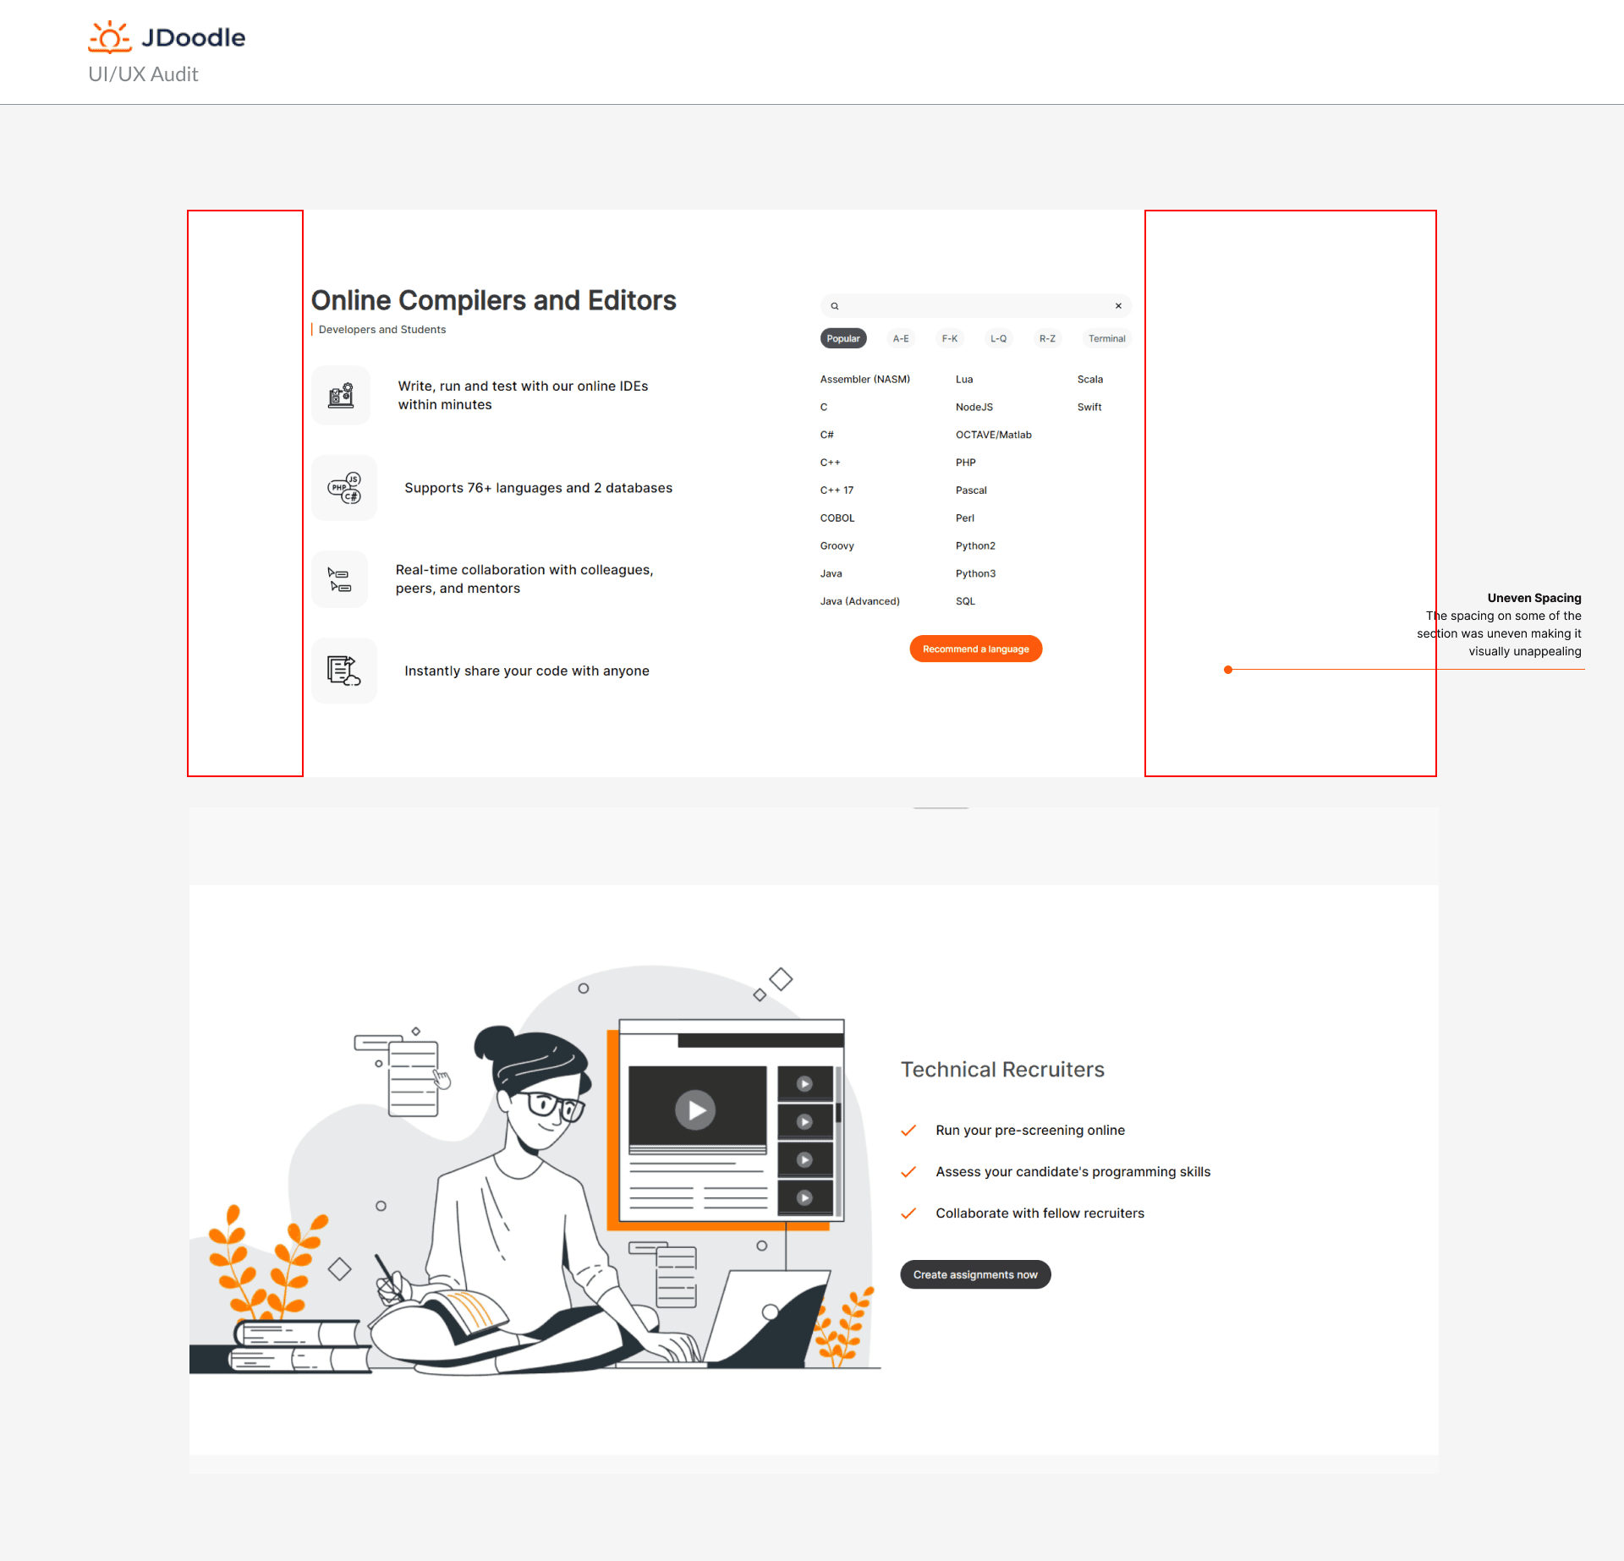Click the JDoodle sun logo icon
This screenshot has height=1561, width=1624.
[110, 37]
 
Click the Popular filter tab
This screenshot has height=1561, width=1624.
[843, 338]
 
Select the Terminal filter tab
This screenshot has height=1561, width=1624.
[1106, 338]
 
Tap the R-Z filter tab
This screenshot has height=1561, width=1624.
[1047, 338]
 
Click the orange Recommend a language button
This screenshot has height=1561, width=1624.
[976, 649]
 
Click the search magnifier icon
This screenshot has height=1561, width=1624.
[835, 306]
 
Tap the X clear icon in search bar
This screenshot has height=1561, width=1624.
[1118, 306]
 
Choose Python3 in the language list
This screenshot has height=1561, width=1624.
[975, 573]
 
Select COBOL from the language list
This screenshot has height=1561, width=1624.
[837, 518]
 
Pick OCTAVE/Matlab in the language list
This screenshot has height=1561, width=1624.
[994, 435]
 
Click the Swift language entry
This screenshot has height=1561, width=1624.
[1089, 407]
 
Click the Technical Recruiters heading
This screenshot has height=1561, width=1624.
[1002, 1070]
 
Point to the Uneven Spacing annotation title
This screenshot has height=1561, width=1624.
[1534, 598]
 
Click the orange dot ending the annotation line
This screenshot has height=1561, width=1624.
[1228, 670]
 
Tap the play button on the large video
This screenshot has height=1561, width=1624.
[695, 1109]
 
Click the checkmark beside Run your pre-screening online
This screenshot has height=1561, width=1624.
[909, 1131]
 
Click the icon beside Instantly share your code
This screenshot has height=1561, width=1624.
[344, 671]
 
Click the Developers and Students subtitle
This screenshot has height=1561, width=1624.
[382, 330]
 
